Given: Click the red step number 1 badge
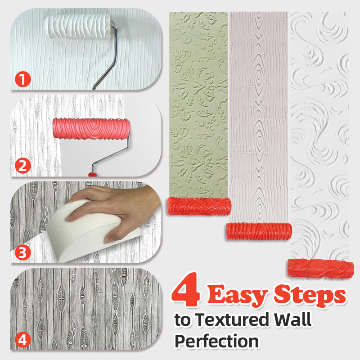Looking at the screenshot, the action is [23, 79].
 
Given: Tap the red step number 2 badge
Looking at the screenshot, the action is [23, 166].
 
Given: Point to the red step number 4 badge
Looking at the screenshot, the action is [23, 340].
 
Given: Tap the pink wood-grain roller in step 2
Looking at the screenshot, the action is [91, 129].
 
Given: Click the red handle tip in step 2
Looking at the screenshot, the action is [93, 175].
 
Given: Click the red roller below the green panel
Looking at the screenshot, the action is [199, 206].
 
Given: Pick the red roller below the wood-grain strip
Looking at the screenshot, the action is [259, 231].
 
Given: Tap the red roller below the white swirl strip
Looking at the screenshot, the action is [321, 268].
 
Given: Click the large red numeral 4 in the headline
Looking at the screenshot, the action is [185, 290].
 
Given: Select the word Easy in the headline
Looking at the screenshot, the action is [238, 295].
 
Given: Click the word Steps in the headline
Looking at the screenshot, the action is [310, 295].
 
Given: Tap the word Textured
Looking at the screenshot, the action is [232, 319].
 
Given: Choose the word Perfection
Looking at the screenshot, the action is [217, 341].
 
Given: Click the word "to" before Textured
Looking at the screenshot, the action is [183, 320].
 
